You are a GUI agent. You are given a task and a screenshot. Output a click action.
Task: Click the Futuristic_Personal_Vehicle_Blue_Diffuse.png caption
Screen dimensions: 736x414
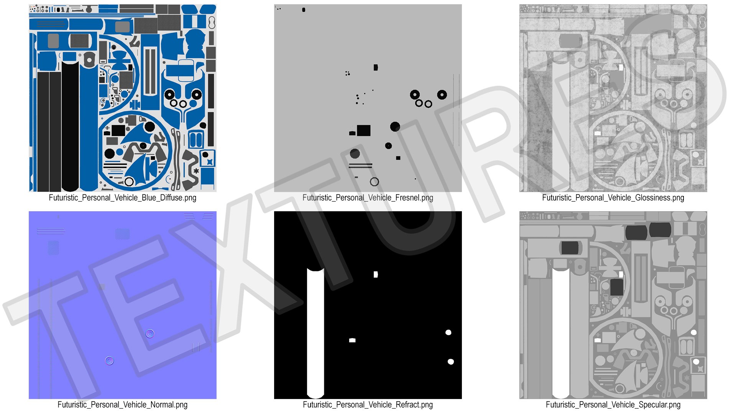122,198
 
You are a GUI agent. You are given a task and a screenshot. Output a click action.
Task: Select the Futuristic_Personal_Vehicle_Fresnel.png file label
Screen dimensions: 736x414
368,198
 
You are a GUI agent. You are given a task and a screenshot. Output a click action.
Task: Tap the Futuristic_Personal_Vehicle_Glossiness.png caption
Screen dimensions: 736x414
613,198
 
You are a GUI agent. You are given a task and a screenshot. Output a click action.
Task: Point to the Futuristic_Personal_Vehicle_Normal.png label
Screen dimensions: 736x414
122,405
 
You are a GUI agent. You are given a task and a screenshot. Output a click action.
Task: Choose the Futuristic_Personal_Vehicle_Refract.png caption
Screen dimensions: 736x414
368,405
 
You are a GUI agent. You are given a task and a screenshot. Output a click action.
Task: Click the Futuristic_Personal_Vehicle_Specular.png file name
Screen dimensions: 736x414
613,405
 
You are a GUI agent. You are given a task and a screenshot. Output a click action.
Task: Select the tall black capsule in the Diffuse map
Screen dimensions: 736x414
70,127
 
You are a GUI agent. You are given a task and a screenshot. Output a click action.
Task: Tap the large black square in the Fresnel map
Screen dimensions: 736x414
364,130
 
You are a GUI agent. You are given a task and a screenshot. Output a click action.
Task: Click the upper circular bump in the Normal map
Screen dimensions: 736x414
150,333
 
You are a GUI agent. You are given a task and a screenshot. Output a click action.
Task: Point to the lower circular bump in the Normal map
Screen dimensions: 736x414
109,361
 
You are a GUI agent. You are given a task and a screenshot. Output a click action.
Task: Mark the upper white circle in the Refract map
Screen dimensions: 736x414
448,332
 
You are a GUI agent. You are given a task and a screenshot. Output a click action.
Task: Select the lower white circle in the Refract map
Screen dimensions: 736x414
451,361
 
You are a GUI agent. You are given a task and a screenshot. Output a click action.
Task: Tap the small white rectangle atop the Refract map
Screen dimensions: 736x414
376,274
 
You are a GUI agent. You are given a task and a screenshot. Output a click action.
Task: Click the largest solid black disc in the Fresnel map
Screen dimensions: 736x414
395,127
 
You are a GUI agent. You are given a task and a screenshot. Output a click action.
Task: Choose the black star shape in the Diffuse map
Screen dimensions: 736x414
196,171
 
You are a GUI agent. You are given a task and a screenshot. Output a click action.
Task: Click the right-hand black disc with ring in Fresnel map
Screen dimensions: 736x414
442,94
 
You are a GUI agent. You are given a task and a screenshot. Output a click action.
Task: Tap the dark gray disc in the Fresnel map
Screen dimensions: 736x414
355,154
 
